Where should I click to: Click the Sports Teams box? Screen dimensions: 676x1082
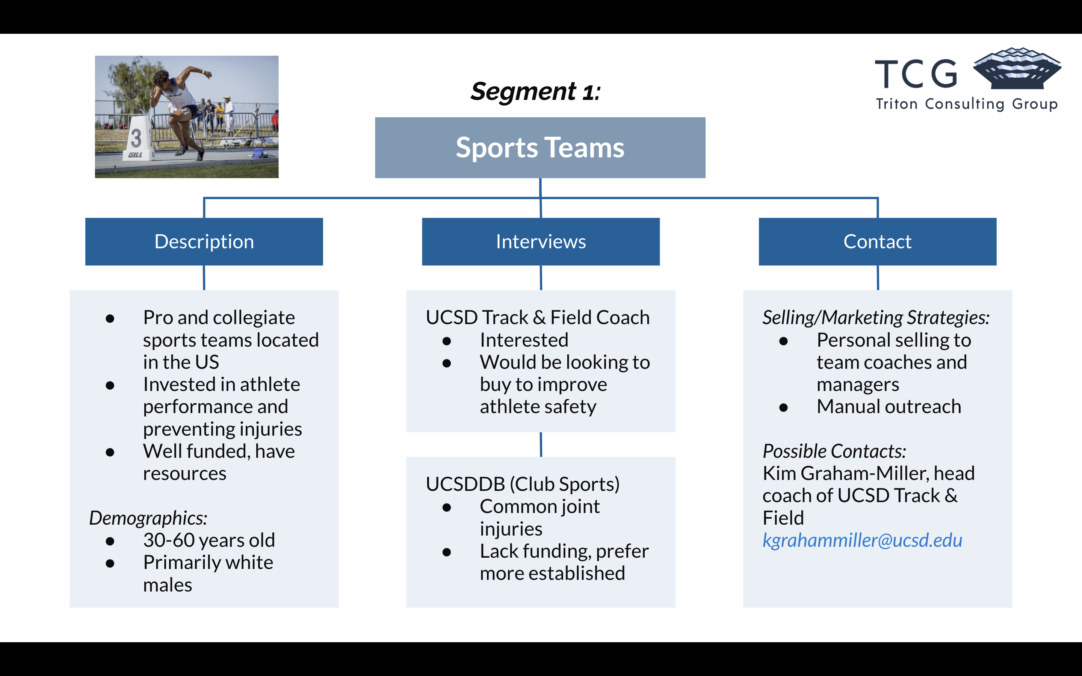coord(539,148)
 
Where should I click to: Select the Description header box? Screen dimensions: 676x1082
coord(204,241)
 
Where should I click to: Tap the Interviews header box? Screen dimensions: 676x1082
coord(541,241)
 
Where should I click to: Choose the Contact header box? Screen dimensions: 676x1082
coord(877,241)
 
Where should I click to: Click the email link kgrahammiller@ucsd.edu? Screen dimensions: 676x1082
coord(862,540)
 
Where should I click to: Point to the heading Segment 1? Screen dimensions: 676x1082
coord(535,92)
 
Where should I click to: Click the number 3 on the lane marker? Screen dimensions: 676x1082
coord(136,138)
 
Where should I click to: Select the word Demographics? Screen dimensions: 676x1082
coord(148,518)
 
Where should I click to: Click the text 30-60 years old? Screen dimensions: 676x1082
coord(209,540)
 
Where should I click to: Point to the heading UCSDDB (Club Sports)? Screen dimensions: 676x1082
coord(523,484)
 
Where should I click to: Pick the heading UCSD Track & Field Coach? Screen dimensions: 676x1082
coord(537,317)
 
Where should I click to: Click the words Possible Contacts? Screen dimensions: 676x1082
coord(834,451)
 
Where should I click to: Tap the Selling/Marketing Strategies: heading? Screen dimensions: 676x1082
coord(875,317)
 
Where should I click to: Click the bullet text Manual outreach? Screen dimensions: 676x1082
coord(889,406)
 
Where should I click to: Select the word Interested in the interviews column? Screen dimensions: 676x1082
coord(524,340)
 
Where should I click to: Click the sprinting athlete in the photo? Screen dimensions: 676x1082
coord(179,107)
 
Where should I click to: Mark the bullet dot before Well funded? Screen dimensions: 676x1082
coord(110,452)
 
